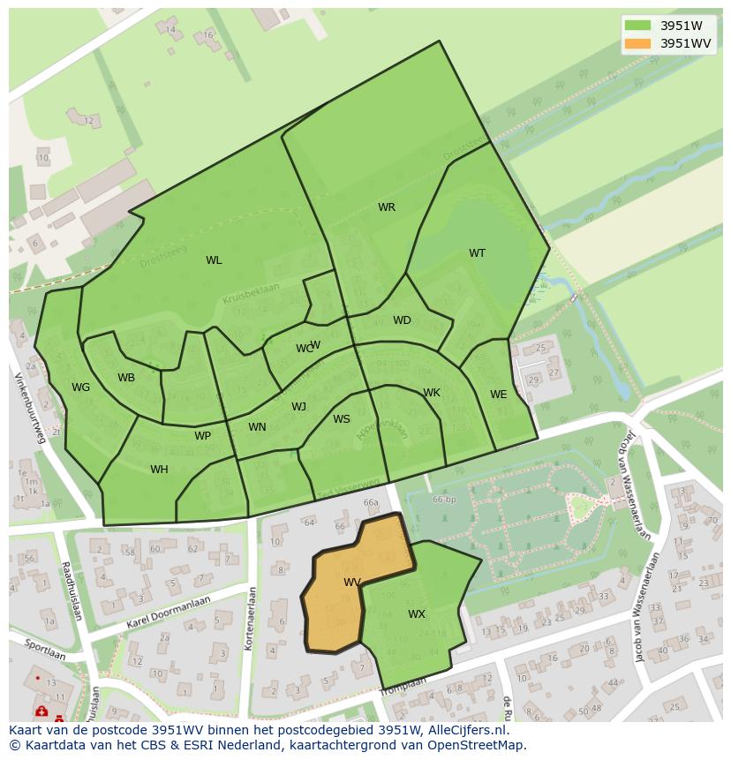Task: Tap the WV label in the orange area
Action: click(352, 583)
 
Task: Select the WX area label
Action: click(417, 614)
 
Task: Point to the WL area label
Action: click(214, 260)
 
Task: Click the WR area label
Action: click(387, 207)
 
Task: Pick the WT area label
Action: click(477, 253)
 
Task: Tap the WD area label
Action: click(402, 320)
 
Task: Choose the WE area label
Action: click(499, 395)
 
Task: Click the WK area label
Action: click(432, 393)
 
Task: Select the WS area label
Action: click(342, 419)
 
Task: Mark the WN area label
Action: click(257, 427)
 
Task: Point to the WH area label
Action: click(159, 470)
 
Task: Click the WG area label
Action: click(81, 388)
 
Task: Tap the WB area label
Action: click(126, 378)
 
